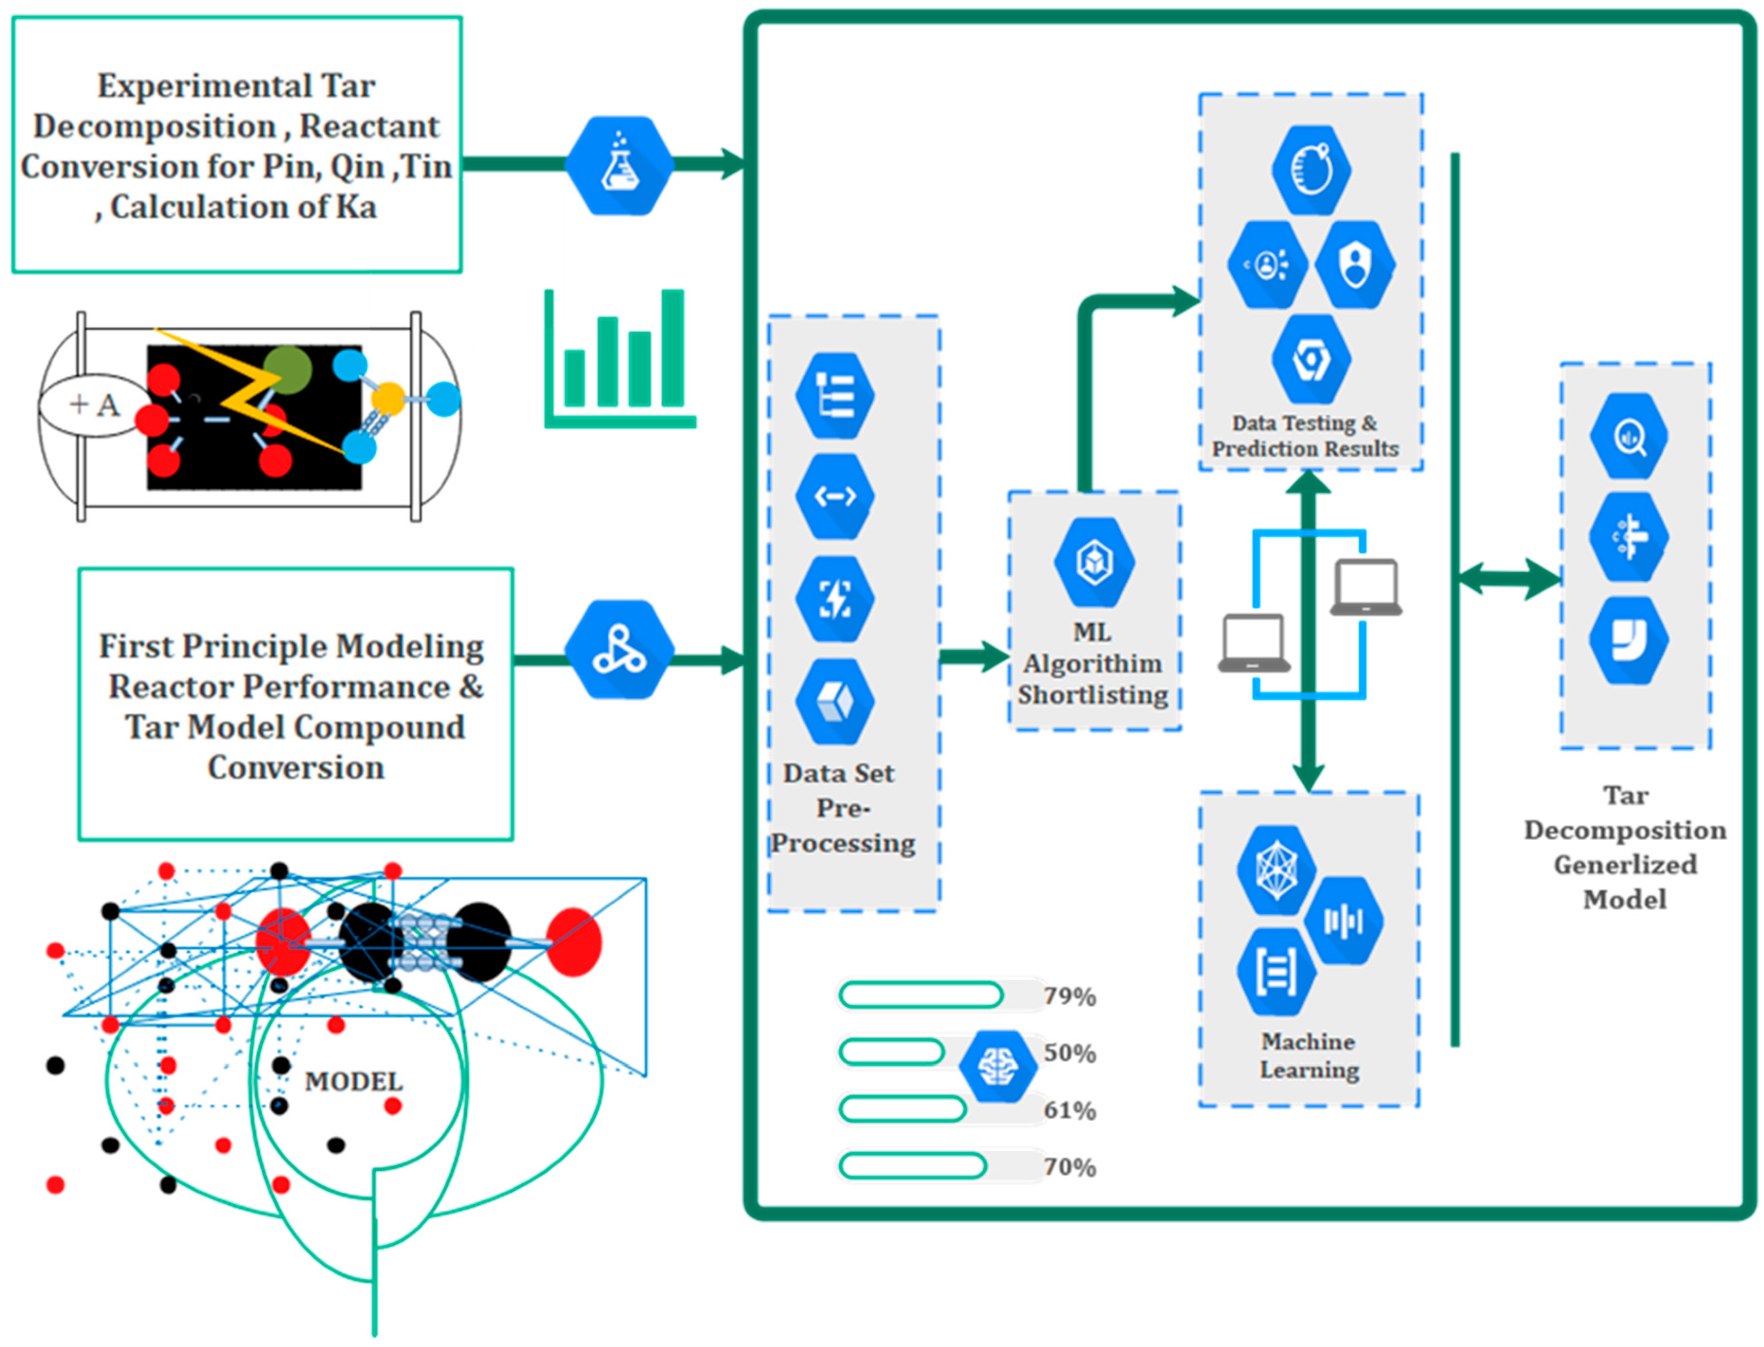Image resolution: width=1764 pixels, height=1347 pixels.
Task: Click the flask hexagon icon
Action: tap(619, 166)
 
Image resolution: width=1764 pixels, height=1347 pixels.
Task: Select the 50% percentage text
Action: tap(1070, 1053)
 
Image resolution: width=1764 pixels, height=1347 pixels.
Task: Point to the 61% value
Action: tap(1070, 1110)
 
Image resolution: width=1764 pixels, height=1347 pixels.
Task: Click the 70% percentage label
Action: tap(1070, 1167)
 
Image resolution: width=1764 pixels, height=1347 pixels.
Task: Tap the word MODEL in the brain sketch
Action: tap(354, 1081)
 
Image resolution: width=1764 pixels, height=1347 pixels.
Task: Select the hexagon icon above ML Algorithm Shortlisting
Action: tap(1094, 561)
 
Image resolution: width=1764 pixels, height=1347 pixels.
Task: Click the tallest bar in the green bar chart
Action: tap(673, 348)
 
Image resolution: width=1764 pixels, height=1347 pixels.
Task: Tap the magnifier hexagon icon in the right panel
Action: tap(1629, 436)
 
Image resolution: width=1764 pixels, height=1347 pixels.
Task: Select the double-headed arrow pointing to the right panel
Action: tap(1509, 577)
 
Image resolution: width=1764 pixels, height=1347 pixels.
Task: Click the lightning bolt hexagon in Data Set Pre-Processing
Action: tap(835, 599)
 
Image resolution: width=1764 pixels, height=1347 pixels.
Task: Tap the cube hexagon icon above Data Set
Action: tap(835, 701)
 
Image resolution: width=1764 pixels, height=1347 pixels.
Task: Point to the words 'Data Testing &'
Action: tap(1304, 423)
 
